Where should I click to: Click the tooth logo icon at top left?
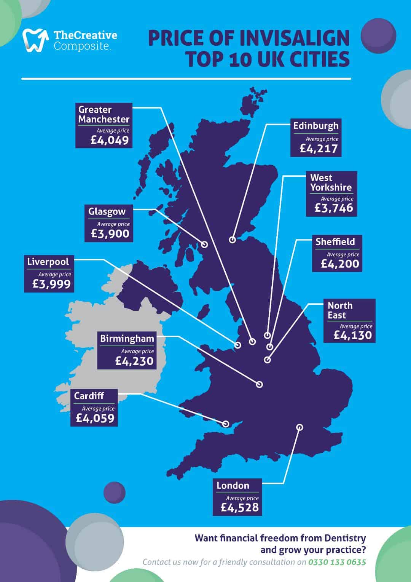click(35, 40)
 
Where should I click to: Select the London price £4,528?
click(240, 507)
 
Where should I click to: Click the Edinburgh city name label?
click(315, 126)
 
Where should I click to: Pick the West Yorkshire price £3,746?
click(334, 208)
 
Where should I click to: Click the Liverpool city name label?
click(48, 262)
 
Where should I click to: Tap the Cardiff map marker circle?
click(226, 424)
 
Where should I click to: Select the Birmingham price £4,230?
click(134, 361)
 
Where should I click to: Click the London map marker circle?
click(300, 427)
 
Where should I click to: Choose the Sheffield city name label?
click(335, 242)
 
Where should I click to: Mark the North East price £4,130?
click(352, 335)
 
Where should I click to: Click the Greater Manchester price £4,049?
click(110, 141)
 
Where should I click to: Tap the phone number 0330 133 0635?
click(337, 562)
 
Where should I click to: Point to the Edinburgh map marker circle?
click(232, 240)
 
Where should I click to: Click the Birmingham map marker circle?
click(260, 385)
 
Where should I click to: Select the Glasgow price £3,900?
click(110, 234)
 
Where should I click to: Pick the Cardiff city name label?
click(89, 396)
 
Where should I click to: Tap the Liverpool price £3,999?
click(52, 284)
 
